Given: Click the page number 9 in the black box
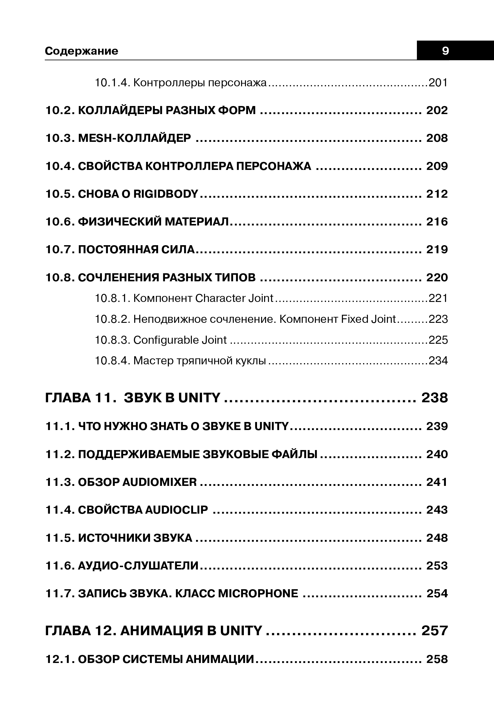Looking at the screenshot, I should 446,51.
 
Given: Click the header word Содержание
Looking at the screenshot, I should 82,51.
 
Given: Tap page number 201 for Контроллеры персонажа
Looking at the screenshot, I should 438,83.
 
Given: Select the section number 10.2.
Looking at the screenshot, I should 59,110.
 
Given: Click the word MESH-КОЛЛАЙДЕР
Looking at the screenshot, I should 134,138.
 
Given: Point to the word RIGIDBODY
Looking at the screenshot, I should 166,194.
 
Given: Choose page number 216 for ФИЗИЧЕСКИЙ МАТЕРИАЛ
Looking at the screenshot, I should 437,222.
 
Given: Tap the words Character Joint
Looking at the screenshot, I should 234,298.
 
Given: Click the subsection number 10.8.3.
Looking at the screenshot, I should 112,340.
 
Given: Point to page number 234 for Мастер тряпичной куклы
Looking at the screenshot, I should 438,361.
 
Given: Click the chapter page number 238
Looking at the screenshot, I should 435,398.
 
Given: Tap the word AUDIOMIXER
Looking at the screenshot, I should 159,482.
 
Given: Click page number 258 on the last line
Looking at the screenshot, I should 437,659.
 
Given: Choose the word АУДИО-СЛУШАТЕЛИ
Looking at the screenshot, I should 138,566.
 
